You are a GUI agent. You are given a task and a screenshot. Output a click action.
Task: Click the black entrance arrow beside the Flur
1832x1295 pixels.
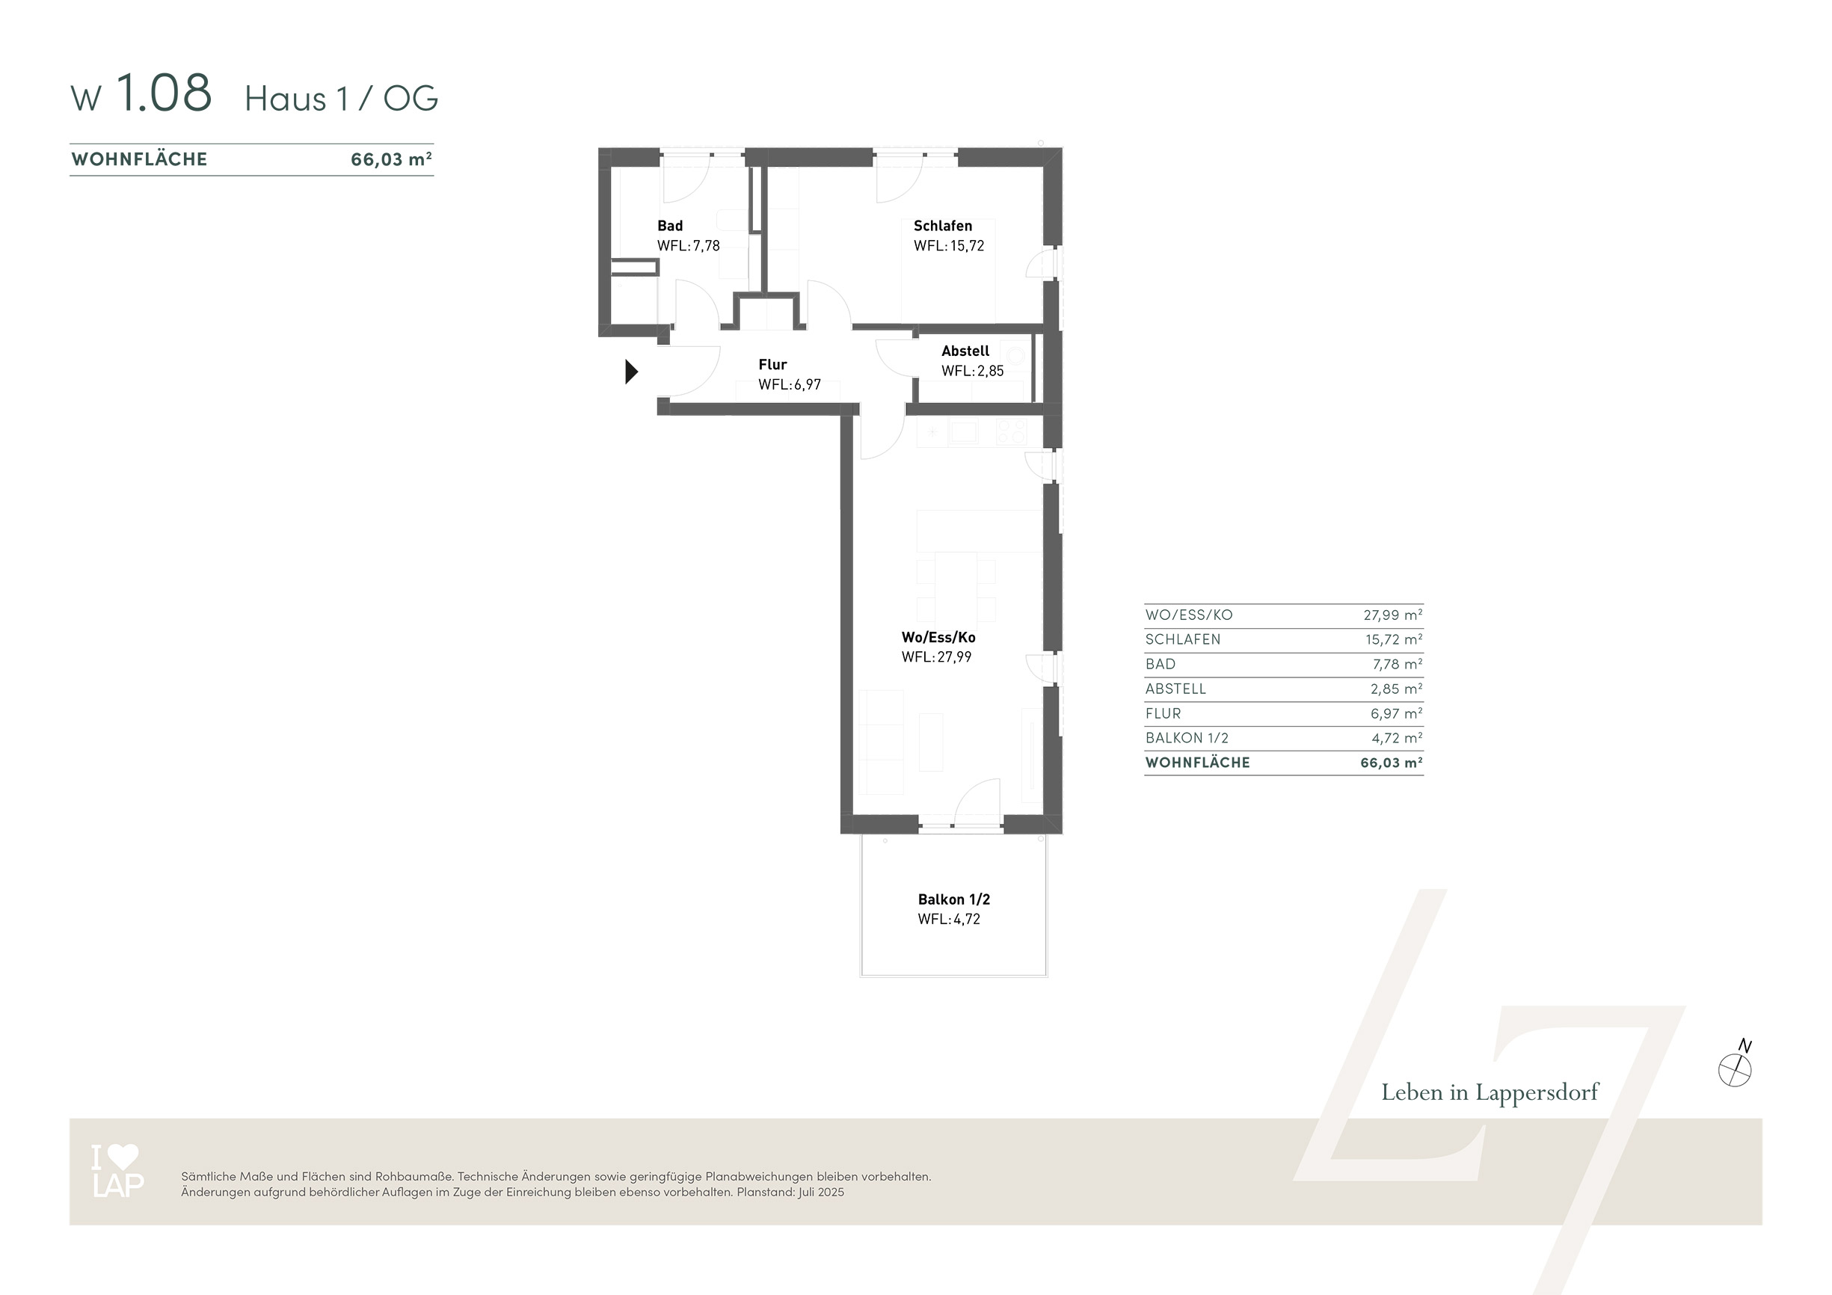[631, 372]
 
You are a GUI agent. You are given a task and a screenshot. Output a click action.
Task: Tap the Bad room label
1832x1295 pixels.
[669, 226]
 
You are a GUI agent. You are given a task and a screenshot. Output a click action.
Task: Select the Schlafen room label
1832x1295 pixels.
[942, 226]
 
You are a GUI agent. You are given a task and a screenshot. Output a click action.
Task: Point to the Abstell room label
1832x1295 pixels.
[965, 351]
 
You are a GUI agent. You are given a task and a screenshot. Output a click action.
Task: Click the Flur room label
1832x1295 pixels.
[772, 365]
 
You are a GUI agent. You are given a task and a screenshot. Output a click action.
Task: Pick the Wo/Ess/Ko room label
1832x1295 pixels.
[938, 638]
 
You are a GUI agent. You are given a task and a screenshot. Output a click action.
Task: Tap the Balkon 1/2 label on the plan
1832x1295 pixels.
[953, 899]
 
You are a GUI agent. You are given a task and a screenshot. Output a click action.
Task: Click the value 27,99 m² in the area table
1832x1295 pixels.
[1392, 615]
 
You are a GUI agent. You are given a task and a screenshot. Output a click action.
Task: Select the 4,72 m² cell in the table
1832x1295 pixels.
[1396, 738]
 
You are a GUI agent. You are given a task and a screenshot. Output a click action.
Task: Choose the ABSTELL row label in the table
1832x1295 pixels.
[1175, 689]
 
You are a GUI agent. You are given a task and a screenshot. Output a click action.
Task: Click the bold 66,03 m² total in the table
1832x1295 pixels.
[1392, 763]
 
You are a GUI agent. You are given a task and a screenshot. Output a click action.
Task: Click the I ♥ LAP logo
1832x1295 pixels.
[117, 1171]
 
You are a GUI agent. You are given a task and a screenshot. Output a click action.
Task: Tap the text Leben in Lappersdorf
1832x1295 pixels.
[1490, 1092]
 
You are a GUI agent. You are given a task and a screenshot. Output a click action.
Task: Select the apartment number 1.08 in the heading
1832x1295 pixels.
[165, 93]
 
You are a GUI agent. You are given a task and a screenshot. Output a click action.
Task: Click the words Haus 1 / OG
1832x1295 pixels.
[342, 99]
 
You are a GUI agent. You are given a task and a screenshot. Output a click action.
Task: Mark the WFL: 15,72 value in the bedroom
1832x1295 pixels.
[949, 246]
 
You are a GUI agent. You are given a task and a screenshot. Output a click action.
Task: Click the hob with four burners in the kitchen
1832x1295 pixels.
[1012, 431]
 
